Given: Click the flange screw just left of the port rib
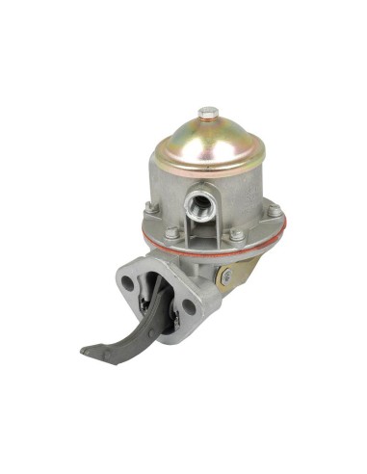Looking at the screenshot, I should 170,232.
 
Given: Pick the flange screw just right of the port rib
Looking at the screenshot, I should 235,234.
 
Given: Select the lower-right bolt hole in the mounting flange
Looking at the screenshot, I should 188,309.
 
